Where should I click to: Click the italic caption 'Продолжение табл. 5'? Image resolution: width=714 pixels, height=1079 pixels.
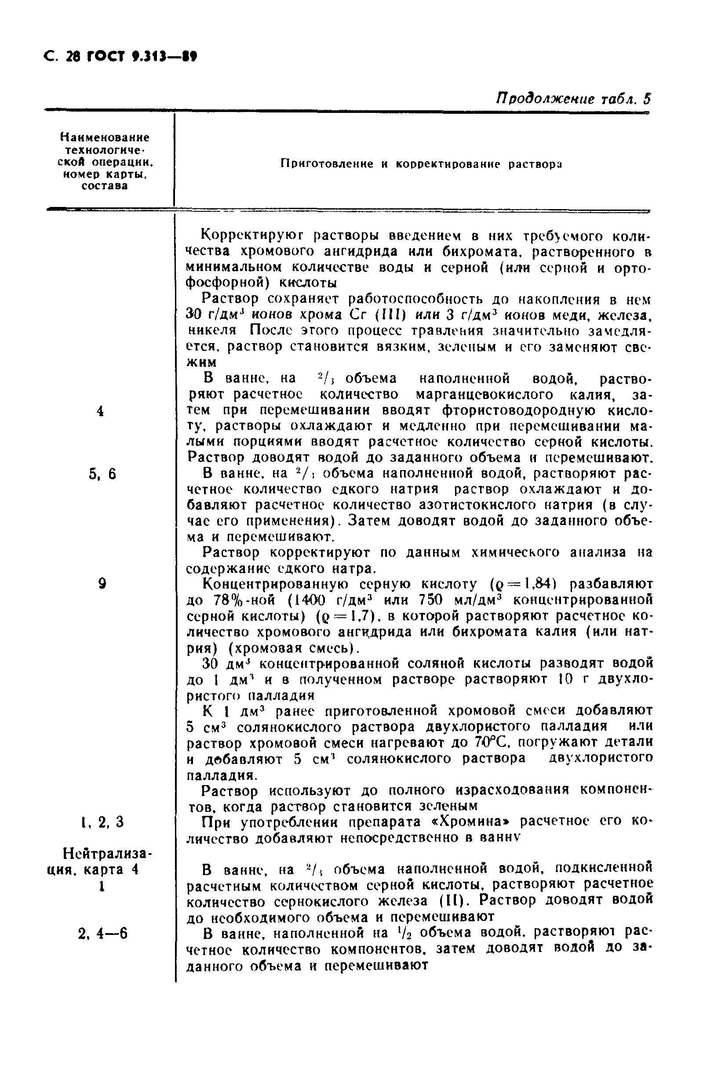573,98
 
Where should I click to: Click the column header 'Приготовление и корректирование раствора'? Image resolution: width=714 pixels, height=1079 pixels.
421,164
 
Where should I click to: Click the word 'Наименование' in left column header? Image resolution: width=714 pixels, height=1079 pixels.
105,137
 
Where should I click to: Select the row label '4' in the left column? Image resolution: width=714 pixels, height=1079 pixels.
101,411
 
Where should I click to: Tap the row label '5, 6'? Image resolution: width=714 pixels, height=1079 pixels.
103,474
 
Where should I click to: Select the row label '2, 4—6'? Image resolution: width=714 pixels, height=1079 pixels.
103,934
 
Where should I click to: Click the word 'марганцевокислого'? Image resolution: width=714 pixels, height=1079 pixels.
485,394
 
